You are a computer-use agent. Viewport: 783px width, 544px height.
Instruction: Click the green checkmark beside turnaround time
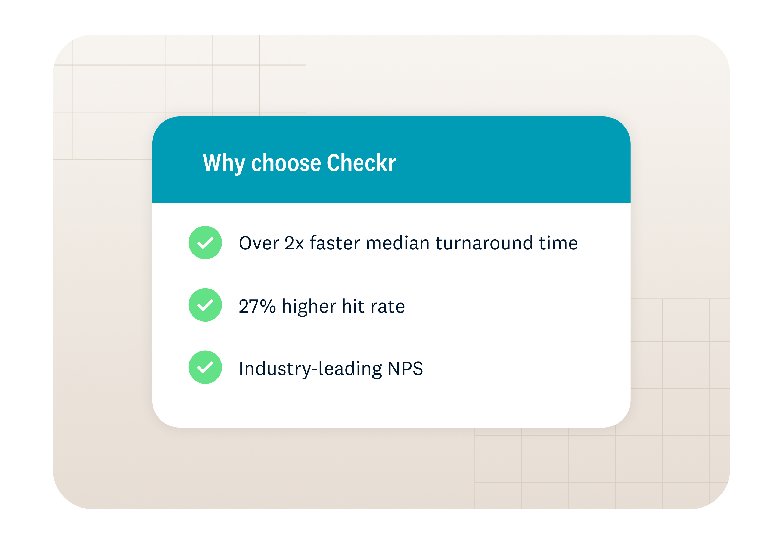205,243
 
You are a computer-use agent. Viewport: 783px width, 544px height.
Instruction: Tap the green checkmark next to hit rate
205,305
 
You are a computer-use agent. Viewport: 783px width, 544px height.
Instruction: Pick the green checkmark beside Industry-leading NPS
205,367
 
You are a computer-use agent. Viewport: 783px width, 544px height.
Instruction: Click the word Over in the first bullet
259,243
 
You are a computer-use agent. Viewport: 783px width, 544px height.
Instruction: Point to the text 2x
294,243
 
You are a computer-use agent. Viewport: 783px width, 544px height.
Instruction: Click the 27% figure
257,306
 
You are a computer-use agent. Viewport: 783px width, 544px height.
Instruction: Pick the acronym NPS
405,369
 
